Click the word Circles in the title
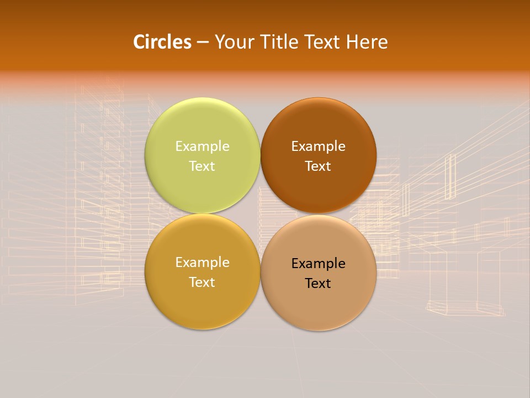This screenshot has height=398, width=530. coord(162,42)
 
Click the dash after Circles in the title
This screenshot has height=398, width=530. coord(203,43)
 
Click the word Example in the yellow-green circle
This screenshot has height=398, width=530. coord(202,146)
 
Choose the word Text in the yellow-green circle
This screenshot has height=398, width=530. coord(202,166)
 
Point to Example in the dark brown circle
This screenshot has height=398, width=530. coord(319,146)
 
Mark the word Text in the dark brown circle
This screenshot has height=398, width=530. coord(319,166)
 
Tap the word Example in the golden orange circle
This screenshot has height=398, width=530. coord(202,262)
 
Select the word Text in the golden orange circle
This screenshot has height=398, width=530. coord(202,282)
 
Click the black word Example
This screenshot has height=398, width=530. coord(319,263)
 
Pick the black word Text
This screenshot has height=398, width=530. coord(319,283)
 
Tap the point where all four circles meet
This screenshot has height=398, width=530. coord(261,214)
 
